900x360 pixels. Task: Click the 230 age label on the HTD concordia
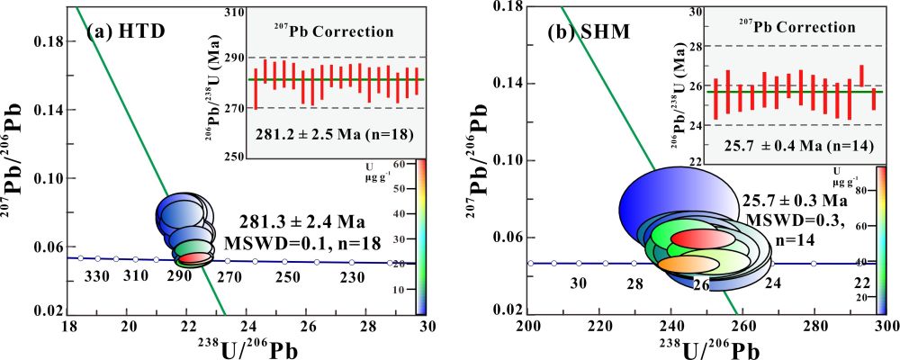352,276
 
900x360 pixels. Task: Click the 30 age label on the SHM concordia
580,283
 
